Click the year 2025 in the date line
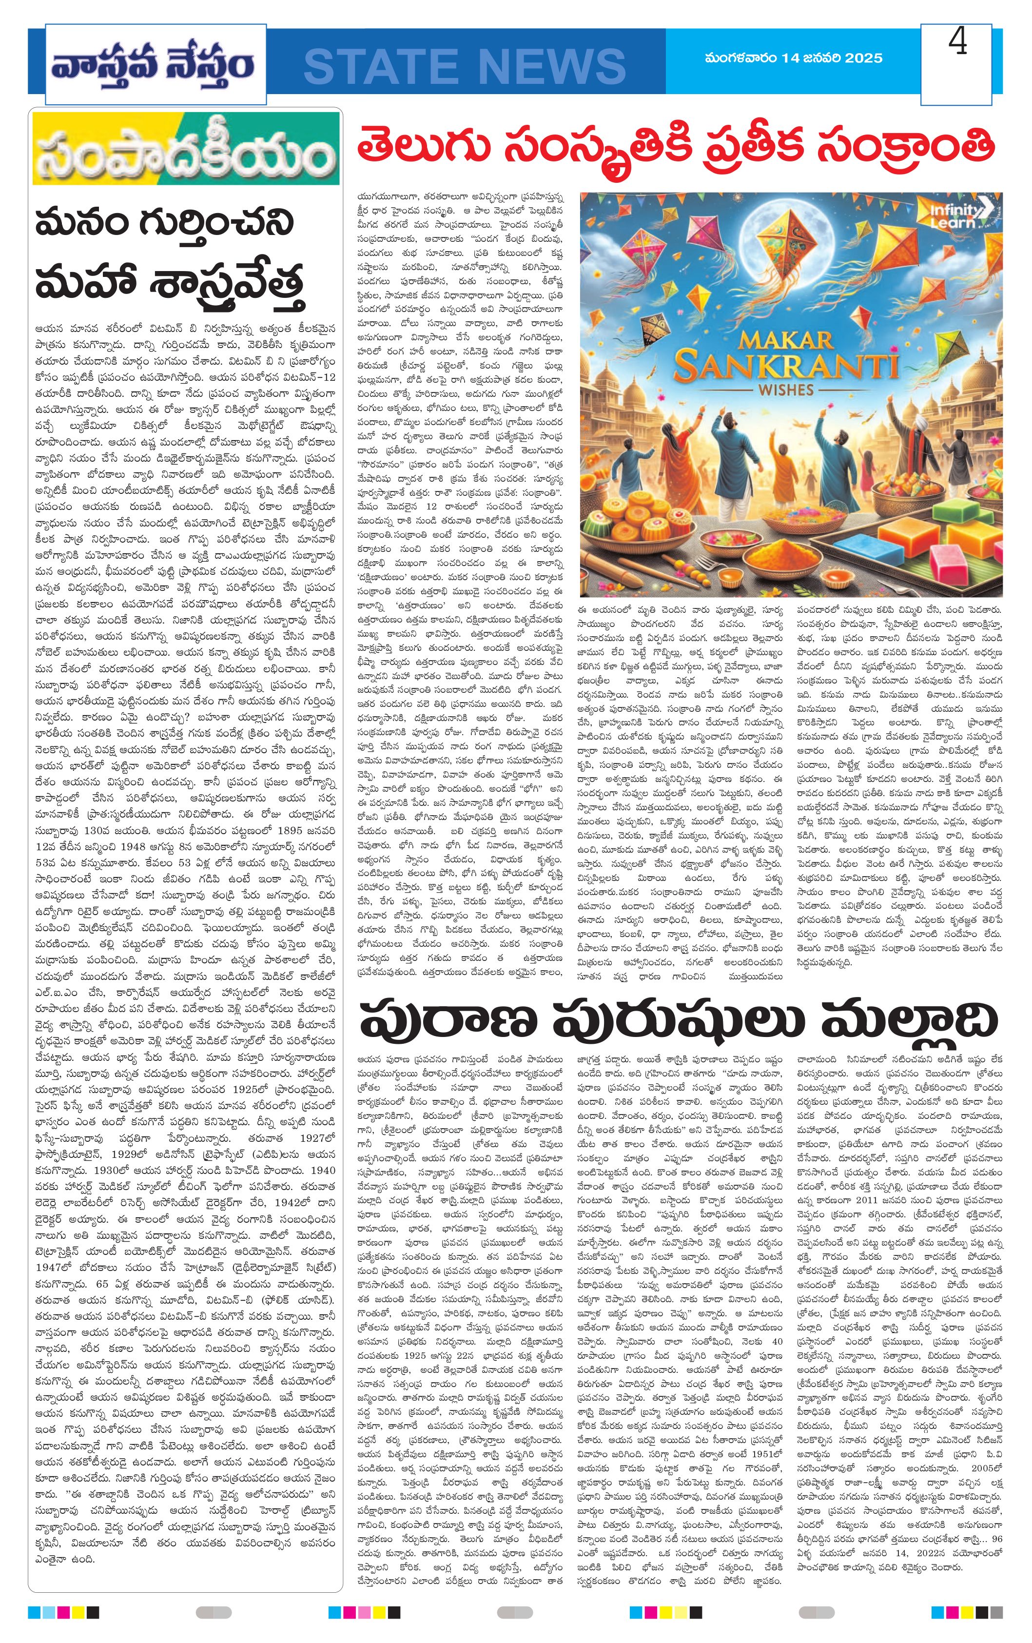coord(863,59)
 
